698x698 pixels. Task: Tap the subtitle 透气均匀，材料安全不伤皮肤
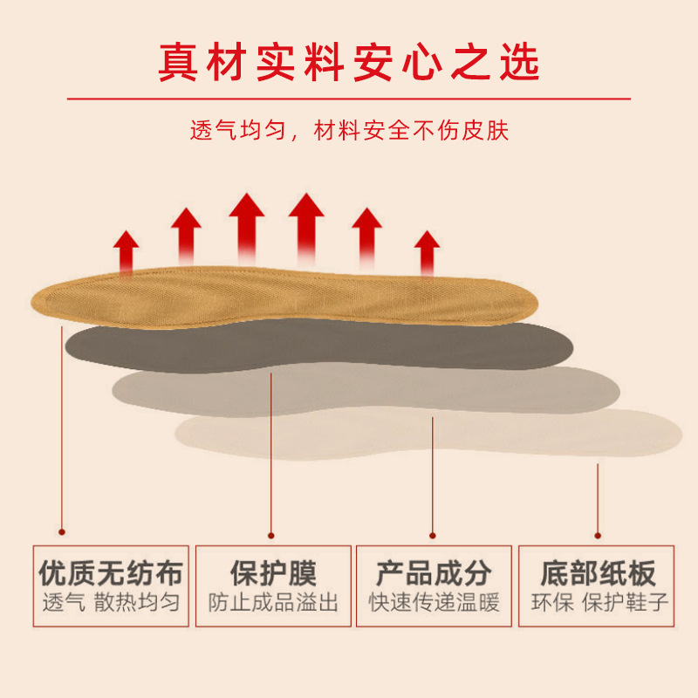pos(349,131)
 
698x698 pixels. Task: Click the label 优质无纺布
pos(111,573)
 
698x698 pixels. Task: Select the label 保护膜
pos(273,573)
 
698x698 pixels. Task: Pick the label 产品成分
pos(434,573)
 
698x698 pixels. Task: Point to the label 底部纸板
pos(598,573)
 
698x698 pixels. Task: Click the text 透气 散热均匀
pos(111,602)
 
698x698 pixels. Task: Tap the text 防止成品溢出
pos(273,602)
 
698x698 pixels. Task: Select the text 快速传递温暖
pos(434,602)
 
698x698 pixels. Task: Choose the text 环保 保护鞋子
pos(598,602)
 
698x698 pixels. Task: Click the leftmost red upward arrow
pos(127,250)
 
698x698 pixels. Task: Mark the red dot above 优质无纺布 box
pos(61,529)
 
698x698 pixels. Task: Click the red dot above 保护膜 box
pos(271,534)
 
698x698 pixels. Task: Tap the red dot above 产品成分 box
pos(433,534)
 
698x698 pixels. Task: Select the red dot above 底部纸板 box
pos(597,534)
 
